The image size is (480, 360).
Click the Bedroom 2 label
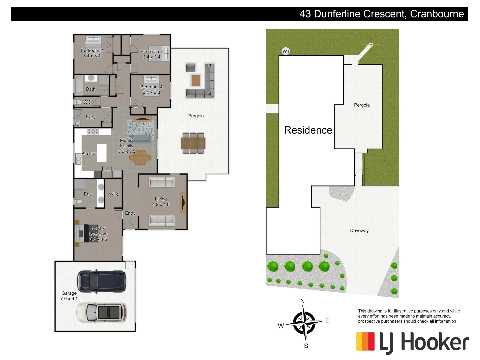[92, 50]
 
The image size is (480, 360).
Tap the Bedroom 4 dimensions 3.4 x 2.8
[151, 92]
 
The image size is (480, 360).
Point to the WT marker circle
[286, 51]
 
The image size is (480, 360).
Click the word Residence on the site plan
[308, 130]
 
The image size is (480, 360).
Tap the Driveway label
[359, 230]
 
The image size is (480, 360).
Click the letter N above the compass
[302, 301]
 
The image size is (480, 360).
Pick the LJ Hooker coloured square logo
[365, 341]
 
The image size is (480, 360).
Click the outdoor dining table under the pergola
[193, 143]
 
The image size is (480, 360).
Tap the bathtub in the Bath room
[79, 85]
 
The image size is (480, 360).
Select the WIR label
[113, 194]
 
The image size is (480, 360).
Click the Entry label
[130, 213]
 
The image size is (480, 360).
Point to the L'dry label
[91, 117]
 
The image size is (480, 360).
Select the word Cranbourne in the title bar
[437, 14]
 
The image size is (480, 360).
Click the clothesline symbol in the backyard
[371, 45]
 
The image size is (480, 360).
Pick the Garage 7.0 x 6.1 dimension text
[69, 299]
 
